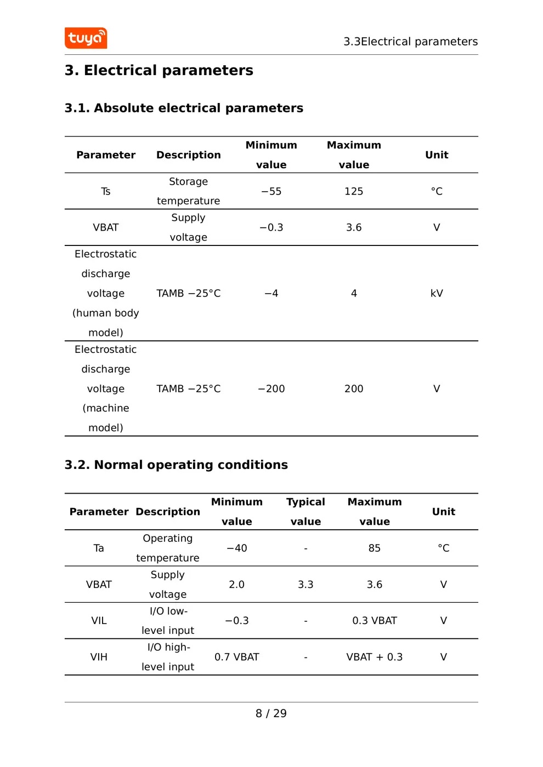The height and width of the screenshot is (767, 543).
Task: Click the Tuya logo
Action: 86,38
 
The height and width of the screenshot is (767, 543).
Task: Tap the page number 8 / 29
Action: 271,713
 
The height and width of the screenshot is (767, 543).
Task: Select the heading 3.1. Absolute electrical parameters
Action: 184,108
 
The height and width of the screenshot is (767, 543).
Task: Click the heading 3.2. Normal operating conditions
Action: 176,465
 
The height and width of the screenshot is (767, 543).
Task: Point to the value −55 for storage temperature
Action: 271,191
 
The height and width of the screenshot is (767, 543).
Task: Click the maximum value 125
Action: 354,191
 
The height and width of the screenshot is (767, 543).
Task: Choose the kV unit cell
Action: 437,293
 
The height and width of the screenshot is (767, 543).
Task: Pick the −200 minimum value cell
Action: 271,388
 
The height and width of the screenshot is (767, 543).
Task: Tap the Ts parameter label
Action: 106,191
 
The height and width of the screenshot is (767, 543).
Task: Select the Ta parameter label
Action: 99,548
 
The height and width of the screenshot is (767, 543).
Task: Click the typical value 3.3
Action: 306,585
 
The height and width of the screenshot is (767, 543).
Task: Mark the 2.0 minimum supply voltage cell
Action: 236,585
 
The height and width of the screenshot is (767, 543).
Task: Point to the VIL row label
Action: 99,621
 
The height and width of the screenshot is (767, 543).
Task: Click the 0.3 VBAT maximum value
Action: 375,621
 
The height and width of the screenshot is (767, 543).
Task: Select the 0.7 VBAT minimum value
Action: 236,657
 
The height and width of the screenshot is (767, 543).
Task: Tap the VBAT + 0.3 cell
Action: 375,657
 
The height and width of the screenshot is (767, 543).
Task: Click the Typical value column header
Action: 306,512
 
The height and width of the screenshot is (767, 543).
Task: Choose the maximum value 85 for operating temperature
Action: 375,548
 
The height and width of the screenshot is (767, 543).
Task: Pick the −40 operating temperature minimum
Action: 236,548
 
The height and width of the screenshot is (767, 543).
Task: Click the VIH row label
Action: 99,657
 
